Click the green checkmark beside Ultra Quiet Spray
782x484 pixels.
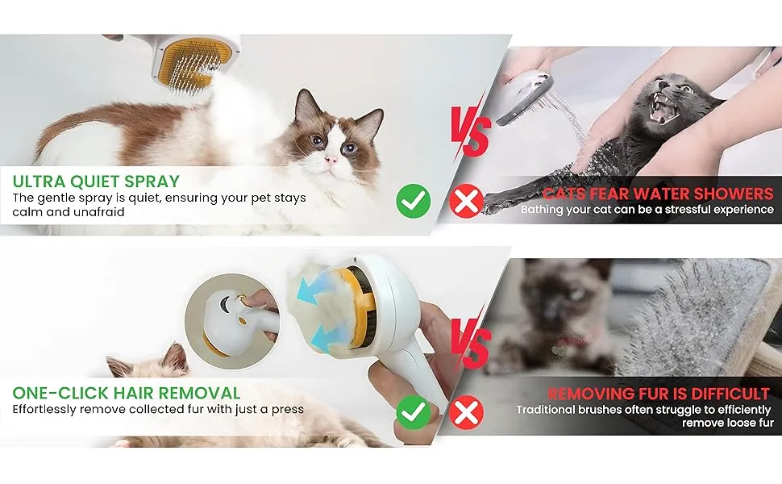[414, 201]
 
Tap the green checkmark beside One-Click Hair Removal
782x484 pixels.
[414, 412]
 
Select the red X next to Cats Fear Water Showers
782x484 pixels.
[466, 201]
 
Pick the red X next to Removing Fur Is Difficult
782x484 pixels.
[466, 412]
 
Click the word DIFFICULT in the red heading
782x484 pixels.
[731, 394]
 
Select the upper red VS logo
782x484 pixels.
[470, 128]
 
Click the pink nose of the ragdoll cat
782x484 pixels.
[331, 161]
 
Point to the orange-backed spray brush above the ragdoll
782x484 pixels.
[192, 62]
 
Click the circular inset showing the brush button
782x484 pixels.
[232, 321]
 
